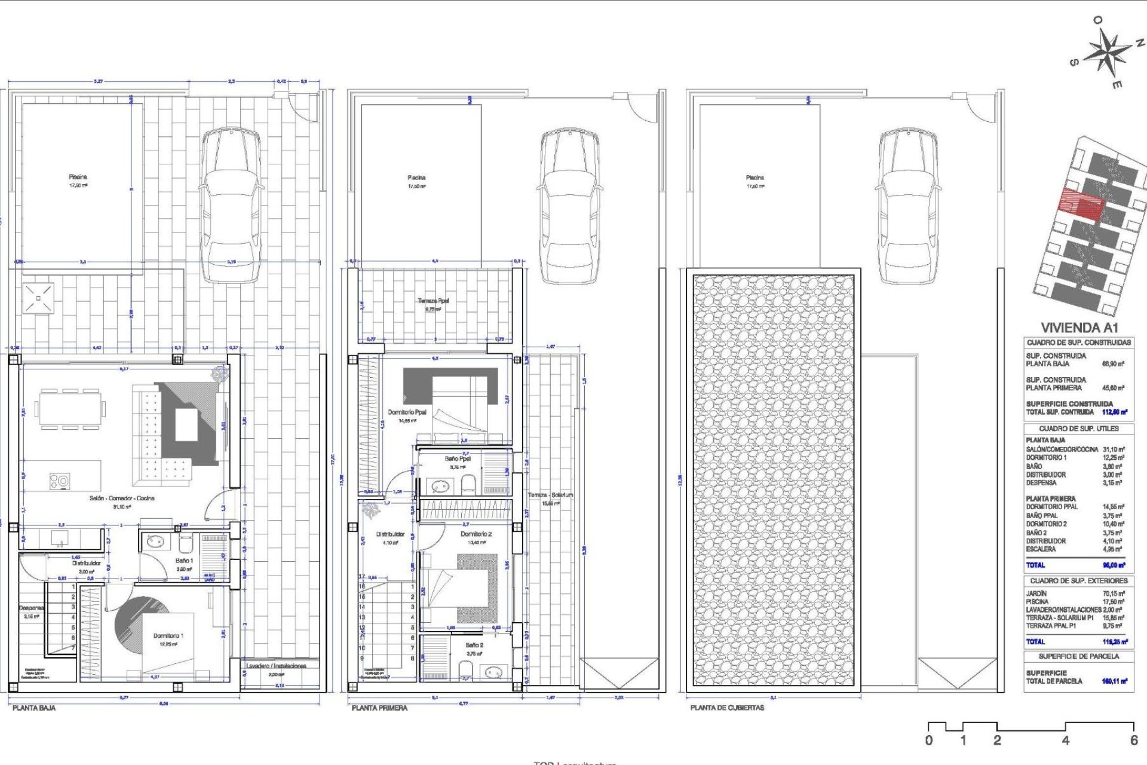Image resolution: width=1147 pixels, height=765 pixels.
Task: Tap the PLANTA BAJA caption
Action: pyautogui.click(x=34, y=708)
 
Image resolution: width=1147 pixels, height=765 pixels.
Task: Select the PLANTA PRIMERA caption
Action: pyautogui.click(x=379, y=708)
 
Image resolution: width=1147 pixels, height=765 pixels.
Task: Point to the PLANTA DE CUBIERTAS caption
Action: pyautogui.click(x=727, y=708)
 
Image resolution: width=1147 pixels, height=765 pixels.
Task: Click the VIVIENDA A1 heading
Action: pyautogui.click(x=1079, y=328)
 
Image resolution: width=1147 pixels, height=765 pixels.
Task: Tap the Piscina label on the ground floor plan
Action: pyautogui.click(x=78, y=177)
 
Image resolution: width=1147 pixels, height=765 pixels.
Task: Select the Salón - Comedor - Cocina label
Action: pyautogui.click(x=122, y=498)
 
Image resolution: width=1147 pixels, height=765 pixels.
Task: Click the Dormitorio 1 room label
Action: pyautogui.click(x=168, y=636)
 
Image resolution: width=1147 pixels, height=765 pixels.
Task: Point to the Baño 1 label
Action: pyautogui.click(x=184, y=561)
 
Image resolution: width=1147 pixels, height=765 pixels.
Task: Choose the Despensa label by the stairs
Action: pyautogui.click(x=30, y=608)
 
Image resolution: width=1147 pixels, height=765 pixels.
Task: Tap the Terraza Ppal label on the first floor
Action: pyautogui.click(x=433, y=301)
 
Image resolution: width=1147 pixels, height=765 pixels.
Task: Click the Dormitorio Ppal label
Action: pyautogui.click(x=407, y=412)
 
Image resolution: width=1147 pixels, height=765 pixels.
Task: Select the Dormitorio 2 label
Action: pyautogui.click(x=476, y=534)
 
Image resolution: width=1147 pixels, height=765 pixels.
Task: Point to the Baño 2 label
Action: pyautogui.click(x=474, y=645)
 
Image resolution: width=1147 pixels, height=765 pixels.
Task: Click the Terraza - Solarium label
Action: pyautogui.click(x=550, y=495)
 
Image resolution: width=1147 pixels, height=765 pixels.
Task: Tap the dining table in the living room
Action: pyautogui.click(x=70, y=409)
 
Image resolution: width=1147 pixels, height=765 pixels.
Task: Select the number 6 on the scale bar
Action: pyautogui.click(x=1133, y=740)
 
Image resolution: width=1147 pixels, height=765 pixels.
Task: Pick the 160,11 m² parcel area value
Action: pyautogui.click(x=1114, y=681)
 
